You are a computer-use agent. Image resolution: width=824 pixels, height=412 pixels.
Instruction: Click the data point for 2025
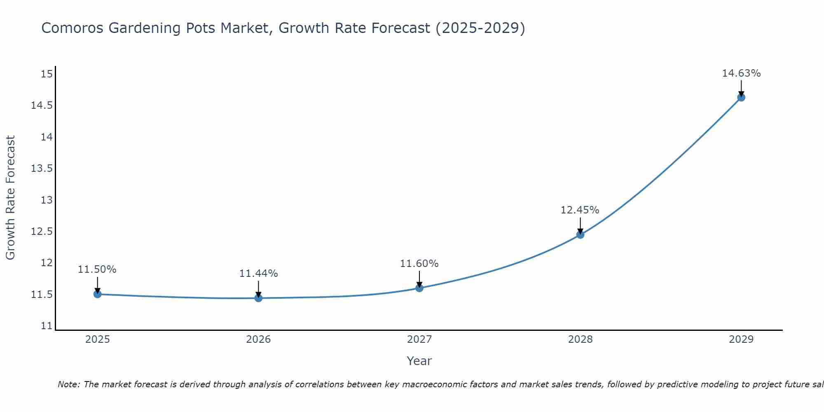[98, 294]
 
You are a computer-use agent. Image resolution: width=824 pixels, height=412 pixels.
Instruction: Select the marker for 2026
[258, 298]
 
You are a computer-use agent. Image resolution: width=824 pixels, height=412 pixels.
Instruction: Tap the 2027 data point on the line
[419, 288]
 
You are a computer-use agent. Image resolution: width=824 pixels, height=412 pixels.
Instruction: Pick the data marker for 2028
[580, 235]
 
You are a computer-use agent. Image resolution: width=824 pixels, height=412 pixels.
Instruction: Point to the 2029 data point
[741, 98]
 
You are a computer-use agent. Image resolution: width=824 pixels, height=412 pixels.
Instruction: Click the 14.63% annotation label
[741, 73]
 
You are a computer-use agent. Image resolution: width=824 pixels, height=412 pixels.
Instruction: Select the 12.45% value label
[580, 210]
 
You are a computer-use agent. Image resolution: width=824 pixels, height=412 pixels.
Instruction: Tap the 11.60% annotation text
[419, 264]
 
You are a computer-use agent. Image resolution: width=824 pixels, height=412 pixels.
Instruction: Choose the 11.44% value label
[258, 274]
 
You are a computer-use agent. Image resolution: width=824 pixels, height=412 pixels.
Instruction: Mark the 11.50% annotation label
[97, 269]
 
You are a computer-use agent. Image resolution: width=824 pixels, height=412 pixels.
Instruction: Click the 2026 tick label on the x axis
[258, 339]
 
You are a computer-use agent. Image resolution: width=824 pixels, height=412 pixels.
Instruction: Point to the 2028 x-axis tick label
[580, 339]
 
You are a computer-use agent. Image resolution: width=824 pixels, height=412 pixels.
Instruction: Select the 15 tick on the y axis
[47, 74]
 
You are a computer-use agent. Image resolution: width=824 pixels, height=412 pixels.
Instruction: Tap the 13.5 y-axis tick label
[42, 169]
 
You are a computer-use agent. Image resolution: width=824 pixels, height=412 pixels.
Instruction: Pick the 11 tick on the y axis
[47, 326]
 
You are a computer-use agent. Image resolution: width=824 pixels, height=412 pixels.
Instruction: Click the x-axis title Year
[419, 361]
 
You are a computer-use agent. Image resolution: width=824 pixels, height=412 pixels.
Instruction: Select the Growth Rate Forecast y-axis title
[10, 197]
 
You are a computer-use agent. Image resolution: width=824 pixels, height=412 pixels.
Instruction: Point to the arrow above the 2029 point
[741, 88]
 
